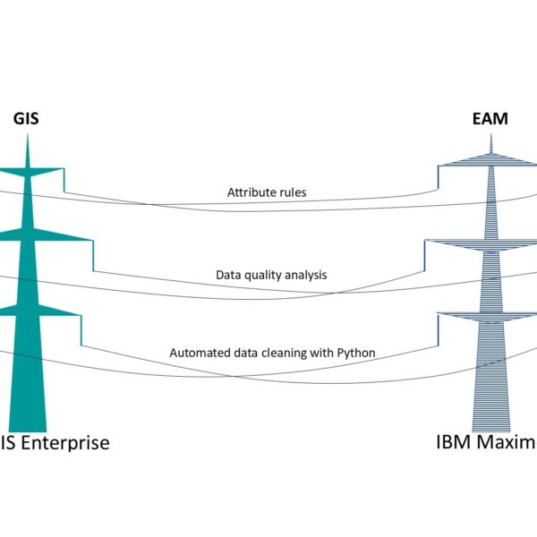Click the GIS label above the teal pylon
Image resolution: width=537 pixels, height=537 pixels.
tap(26, 118)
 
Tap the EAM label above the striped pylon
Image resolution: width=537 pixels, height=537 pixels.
tap(489, 118)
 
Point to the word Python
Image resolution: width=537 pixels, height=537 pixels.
tap(356, 353)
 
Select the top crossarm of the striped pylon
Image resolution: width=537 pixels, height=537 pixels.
tap(490, 161)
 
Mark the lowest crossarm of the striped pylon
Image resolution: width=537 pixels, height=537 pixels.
tap(490, 313)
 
